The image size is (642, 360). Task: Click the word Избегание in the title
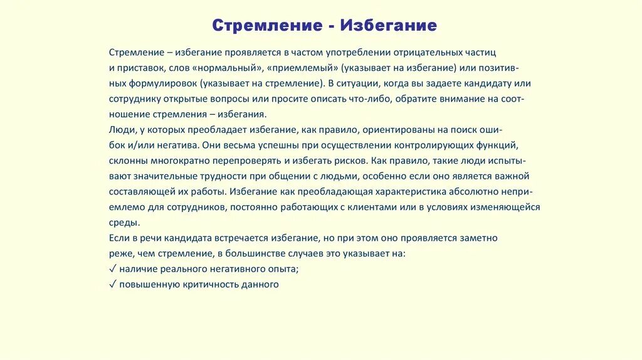[389, 26]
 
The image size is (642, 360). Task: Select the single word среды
[124, 222]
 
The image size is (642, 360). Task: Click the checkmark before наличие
[112, 268]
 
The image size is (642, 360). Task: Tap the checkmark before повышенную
[112, 284]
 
